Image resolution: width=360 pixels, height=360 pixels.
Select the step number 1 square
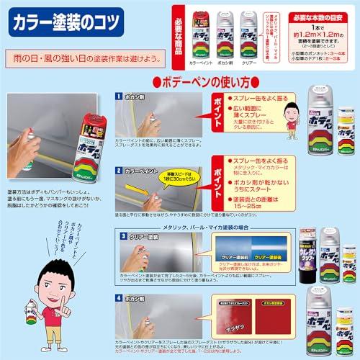pyautogui.click(x=120, y=95)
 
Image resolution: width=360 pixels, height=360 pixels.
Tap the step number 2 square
pyautogui.click(x=120, y=171)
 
